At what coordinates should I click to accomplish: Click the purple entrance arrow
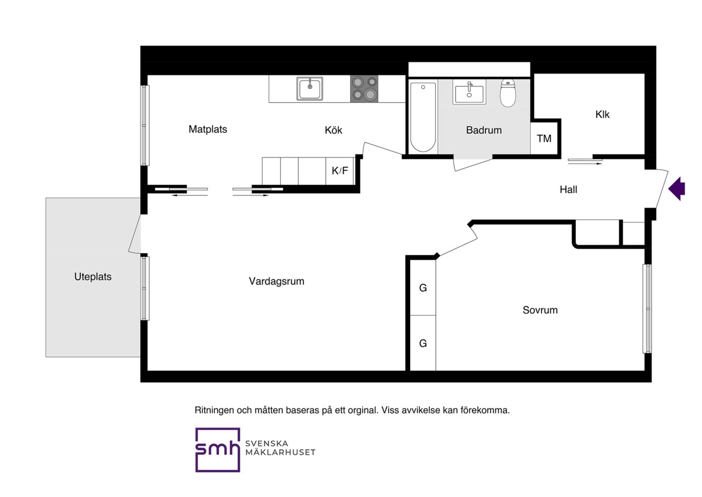677,189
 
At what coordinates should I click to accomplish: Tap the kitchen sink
310,89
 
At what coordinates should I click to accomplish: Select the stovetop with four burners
364,89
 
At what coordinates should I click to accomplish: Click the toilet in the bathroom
508,93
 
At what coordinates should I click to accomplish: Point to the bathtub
423,118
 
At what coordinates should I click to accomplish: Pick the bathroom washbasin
469,92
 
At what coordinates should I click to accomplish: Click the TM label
544,138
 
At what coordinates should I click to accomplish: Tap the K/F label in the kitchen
339,171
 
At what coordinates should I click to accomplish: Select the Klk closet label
602,115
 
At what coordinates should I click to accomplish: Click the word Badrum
484,130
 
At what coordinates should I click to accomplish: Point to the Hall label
569,189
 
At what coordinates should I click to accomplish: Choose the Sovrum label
540,310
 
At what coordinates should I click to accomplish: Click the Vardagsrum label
276,281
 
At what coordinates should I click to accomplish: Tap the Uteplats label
93,277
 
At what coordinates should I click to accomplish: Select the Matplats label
208,129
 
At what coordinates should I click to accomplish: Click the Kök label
333,130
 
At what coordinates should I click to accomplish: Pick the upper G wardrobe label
423,288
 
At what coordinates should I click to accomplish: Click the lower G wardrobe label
423,343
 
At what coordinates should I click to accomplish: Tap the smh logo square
218,450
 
